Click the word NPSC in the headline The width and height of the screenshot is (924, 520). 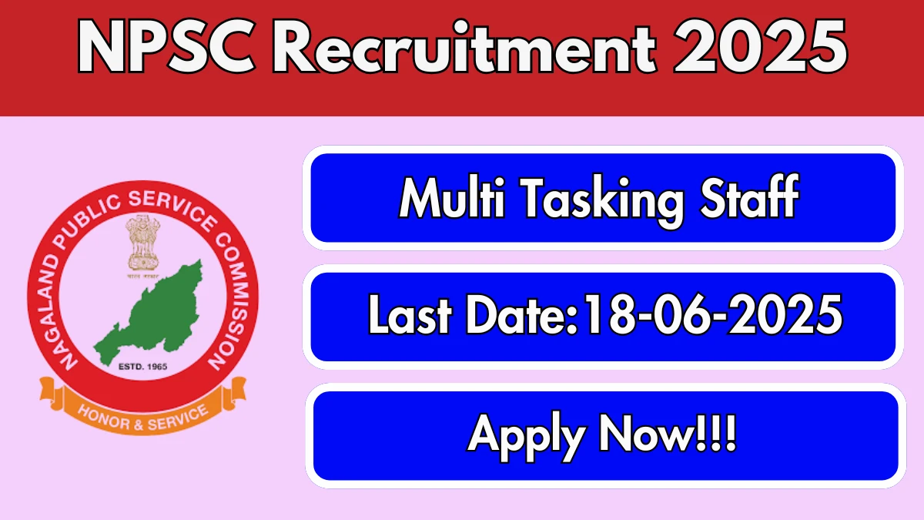pyautogui.click(x=166, y=47)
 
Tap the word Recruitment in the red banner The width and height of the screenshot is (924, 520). pyautogui.click(x=464, y=46)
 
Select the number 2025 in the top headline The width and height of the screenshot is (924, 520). pyautogui.click(x=760, y=46)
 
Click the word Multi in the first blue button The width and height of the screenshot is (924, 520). pyautogui.click(x=452, y=197)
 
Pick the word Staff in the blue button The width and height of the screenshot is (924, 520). pyautogui.click(x=750, y=196)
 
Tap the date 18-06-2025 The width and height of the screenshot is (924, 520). pyautogui.click(x=713, y=314)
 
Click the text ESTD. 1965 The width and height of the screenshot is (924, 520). pyautogui.click(x=142, y=366)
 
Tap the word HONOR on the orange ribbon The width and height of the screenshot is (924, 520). pyautogui.click(x=105, y=418)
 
